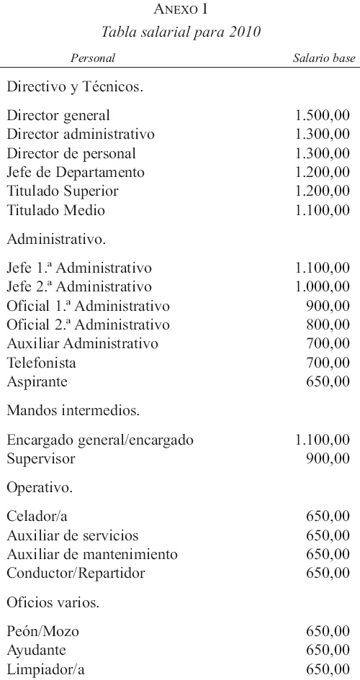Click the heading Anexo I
[x=180, y=10]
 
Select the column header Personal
[x=93, y=58]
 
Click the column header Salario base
[x=324, y=58]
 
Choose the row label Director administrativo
[x=81, y=135]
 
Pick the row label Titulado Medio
[x=55, y=211]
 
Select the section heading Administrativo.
[x=57, y=236]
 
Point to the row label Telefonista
[x=41, y=363]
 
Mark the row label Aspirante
[x=37, y=382]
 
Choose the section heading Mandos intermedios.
[x=73, y=412]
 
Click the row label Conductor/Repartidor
[x=76, y=574]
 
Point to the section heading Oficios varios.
[x=53, y=602]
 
